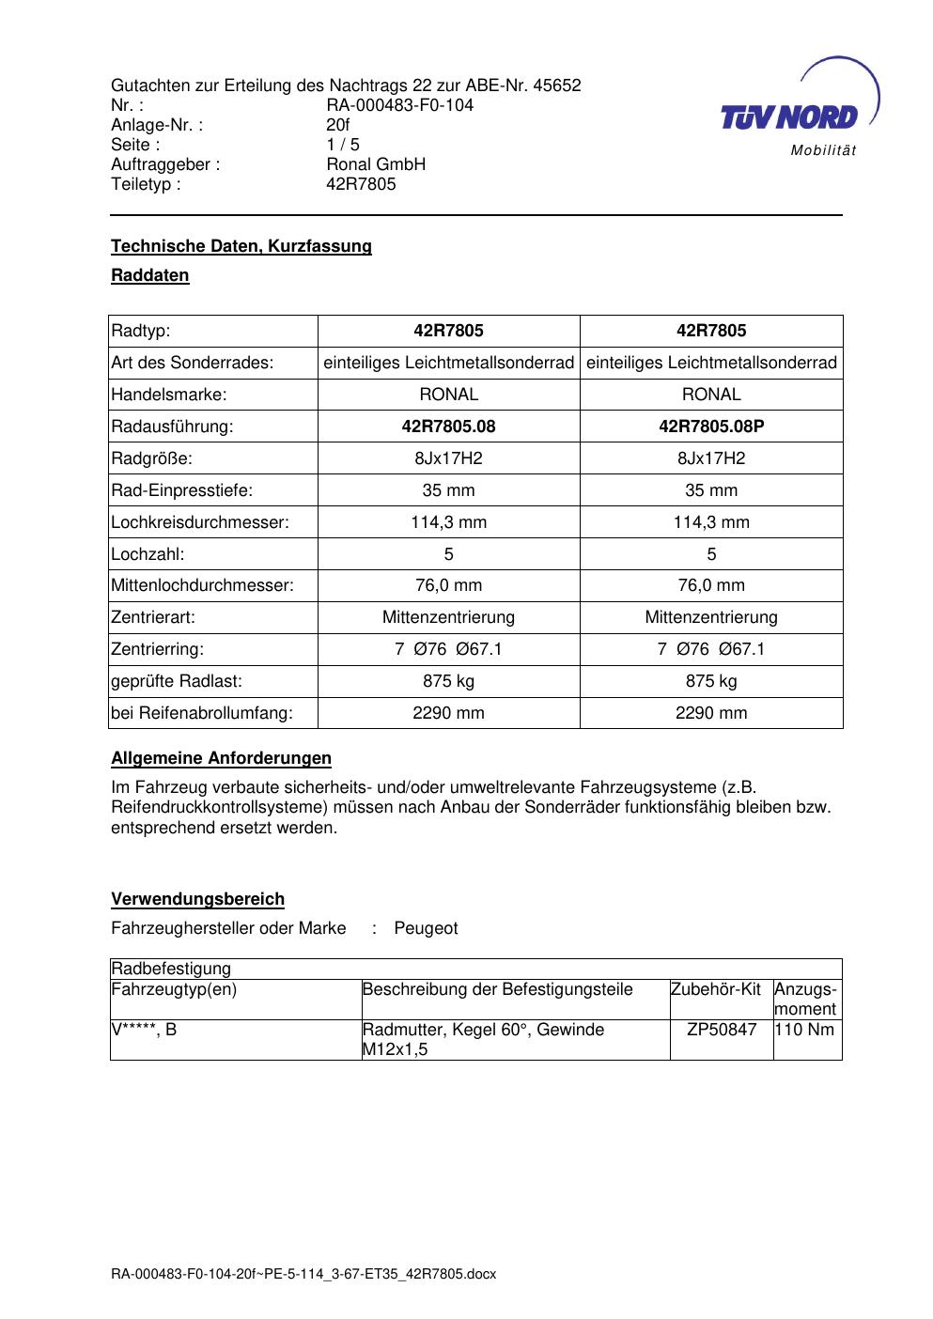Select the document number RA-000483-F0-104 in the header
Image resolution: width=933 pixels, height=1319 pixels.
399,105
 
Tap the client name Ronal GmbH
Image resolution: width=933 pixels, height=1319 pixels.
376,164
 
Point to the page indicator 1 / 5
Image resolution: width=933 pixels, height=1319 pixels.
343,145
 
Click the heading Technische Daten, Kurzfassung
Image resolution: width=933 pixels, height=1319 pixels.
241,246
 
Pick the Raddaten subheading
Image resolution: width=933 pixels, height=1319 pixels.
150,275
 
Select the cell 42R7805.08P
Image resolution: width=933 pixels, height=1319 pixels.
711,427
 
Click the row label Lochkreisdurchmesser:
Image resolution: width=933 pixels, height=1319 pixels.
200,522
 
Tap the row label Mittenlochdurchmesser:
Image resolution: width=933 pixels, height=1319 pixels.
202,585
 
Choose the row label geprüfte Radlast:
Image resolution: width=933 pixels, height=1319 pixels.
177,681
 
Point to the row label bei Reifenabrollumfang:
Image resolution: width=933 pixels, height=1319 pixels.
202,713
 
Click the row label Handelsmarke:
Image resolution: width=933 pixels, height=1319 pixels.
169,395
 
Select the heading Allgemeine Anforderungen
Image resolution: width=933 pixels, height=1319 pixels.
221,758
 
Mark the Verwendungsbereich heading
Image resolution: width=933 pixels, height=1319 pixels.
197,899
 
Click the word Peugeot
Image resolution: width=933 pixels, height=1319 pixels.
426,928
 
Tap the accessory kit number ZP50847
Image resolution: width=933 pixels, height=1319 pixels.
722,1030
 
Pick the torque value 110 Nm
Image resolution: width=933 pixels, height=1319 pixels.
805,1030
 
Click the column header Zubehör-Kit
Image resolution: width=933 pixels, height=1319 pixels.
716,989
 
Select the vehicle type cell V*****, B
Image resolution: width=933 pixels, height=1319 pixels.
145,1030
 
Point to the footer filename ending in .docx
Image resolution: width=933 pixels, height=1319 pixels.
303,1275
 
